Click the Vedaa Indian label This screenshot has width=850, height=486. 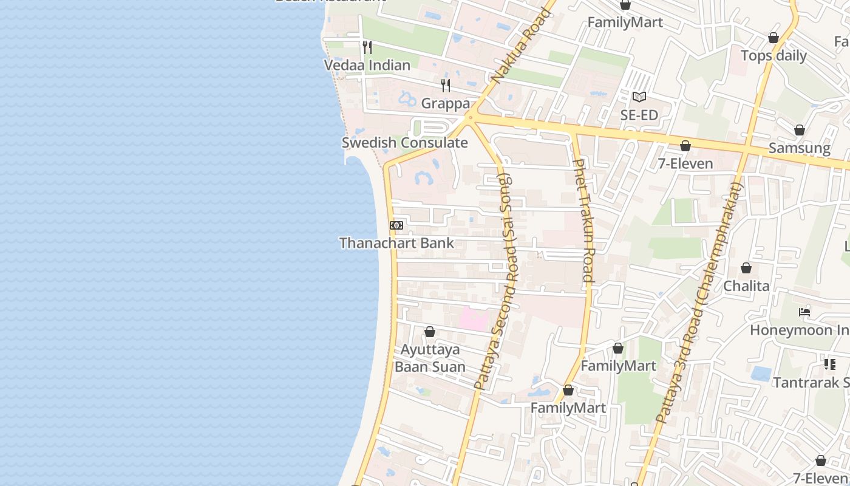(367, 65)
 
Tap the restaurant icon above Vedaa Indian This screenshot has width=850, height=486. (367, 47)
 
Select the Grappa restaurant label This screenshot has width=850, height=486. (445, 103)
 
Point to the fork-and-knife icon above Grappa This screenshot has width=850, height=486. (445, 85)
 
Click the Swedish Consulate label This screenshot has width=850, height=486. (404, 143)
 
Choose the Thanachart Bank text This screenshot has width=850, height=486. (396, 243)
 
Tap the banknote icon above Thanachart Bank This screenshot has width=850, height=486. (396, 225)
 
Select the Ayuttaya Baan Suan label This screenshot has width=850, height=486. (430, 358)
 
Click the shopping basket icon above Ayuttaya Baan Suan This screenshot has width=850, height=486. (430, 332)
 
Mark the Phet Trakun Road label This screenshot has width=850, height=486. (583, 220)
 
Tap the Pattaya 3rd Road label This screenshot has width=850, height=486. (698, 304)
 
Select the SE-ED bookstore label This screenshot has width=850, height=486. (639, 115)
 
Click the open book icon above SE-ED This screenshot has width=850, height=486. (639, 97)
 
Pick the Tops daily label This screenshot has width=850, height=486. (773, 56)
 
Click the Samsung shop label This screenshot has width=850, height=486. (799, 148)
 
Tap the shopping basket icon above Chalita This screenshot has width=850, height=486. (746, 268)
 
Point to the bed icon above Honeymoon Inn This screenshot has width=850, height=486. (804, 312)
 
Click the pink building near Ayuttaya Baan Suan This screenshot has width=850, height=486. (473, 320)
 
